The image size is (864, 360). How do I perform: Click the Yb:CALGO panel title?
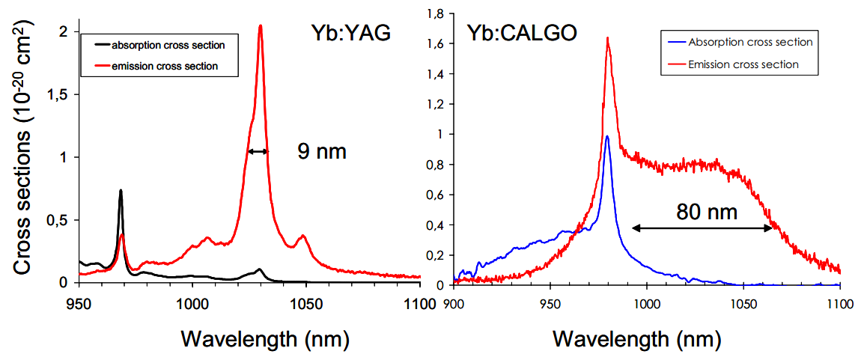coord(522,33)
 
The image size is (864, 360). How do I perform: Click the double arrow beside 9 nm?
coord(258,152)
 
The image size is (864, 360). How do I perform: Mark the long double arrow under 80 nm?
coord(702,228)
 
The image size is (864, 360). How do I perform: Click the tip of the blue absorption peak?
coord(607,136)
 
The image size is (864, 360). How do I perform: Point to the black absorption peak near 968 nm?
coord(121,191)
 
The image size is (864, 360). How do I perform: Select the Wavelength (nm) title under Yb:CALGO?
coord(636,338)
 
